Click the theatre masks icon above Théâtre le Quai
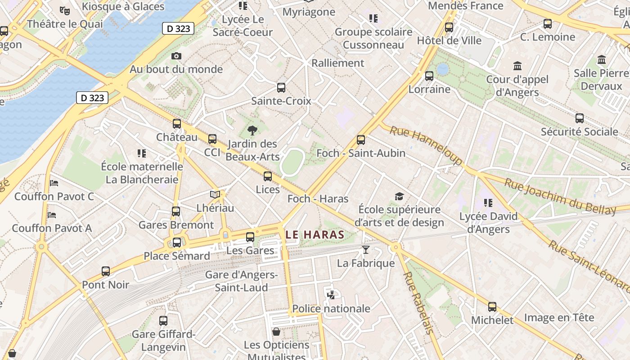pos(65,10)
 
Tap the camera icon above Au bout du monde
pos(176,56)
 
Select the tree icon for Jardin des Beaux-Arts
pos(252,130)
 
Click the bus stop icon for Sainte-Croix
pos(281,88)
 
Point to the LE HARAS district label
pos(315,234)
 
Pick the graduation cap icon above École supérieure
pos(399,196)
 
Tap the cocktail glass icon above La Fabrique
pos(366,249)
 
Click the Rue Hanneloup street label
pos(425,145)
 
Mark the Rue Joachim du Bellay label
pos(560,197)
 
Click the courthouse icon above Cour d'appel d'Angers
pos(517,66)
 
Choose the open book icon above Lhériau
pos(215,194)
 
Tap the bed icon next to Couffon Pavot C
pos(54,183)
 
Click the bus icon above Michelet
pos(492,307)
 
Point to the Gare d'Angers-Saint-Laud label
pos(241,281)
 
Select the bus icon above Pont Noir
pos(106,271)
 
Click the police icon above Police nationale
pos(331,295)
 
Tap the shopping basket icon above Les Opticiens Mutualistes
pos(276,332)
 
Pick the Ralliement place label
pos(337,63)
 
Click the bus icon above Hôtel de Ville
pos(449,27)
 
